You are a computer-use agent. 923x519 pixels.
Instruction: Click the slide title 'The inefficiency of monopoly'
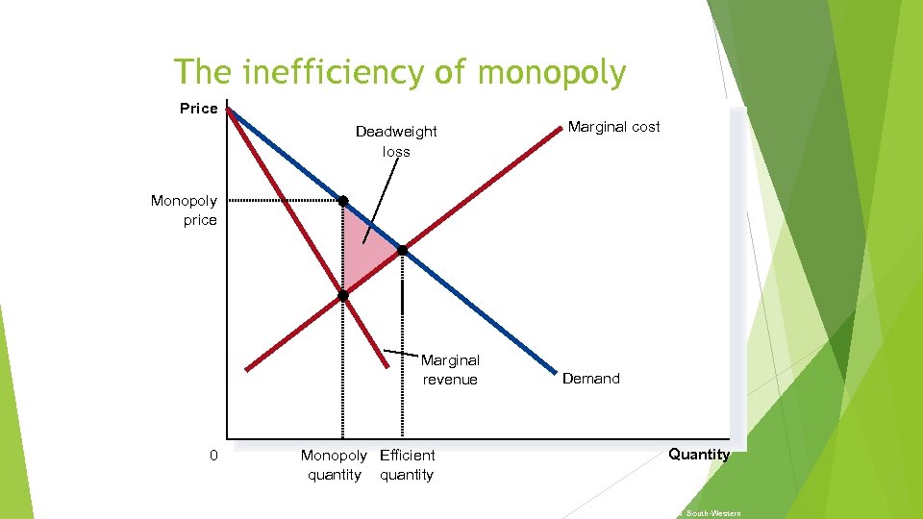tap(400, 72)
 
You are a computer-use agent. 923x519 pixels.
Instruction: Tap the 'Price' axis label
tap(198, 109)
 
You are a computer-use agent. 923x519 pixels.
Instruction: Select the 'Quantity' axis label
tap(699, 455)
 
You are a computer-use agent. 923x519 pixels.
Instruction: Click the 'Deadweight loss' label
tap(396, 141)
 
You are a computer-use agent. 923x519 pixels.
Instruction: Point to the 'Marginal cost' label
tap(613, 127)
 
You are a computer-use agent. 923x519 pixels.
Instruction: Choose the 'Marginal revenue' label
tap(450, 370)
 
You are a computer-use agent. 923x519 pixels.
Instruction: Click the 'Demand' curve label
tap(590, 379)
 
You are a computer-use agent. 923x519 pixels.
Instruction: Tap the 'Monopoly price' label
tap(185, 210)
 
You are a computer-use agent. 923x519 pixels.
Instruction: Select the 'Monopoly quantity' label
tap(334, 465)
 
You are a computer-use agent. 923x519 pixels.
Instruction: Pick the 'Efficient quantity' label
tap(407, 465)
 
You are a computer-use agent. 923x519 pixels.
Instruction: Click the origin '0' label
tap(214, 456)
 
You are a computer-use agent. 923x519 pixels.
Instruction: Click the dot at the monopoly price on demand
tap(342, 201)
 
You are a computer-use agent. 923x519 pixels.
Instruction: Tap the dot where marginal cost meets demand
tap(403, 250)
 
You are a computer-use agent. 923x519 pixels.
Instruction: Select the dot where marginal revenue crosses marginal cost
tap(342, 296)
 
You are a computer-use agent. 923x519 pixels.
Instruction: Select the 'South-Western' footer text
tap(712, 513)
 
